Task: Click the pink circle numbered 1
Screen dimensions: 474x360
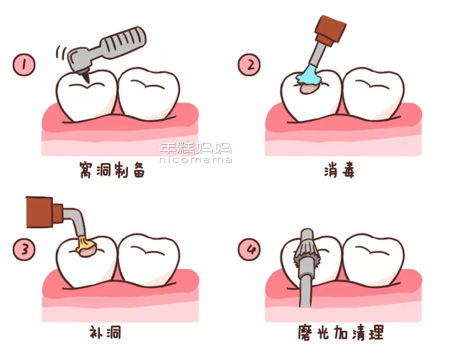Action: point(24,65)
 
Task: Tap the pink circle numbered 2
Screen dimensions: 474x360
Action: point(249,65)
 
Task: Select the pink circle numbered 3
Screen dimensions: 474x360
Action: point(24,250)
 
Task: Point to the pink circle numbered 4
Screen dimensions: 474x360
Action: point(249,250)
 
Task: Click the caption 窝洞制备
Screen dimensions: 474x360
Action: point(112,170)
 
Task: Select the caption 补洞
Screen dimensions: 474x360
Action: point(105,332)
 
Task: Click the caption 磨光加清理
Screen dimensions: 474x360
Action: point(341,332)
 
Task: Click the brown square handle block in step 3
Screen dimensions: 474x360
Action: point(39,212)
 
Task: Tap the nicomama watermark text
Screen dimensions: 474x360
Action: point(195,160)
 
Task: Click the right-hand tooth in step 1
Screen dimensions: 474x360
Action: point(149,93)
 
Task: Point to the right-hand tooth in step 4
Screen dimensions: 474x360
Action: point(374,259)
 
